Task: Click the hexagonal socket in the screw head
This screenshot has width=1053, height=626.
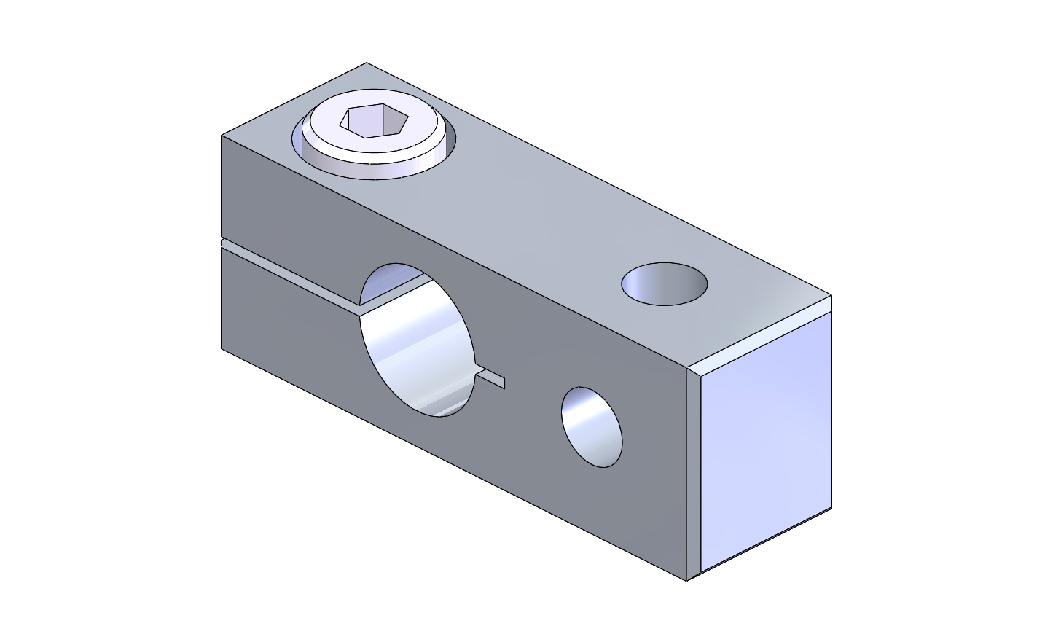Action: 372,120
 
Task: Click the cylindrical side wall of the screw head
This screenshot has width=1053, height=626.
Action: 372,167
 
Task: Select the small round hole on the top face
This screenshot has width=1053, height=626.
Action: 664,284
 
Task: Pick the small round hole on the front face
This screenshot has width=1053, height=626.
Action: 592,427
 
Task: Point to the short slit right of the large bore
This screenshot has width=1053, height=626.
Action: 491,377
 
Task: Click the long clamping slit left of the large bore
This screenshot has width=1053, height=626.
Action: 291,277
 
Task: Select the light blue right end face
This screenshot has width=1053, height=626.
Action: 765,437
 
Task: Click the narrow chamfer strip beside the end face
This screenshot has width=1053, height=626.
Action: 693,474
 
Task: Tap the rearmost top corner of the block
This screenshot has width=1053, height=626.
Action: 366,63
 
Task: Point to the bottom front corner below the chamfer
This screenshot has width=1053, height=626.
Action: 686,580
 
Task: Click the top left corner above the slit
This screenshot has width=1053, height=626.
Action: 222,136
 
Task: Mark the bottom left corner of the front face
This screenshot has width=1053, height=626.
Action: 222,348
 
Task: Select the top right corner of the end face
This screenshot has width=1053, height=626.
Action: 831,296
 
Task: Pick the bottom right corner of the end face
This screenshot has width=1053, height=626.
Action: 831,508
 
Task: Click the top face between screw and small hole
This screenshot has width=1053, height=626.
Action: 539,211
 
